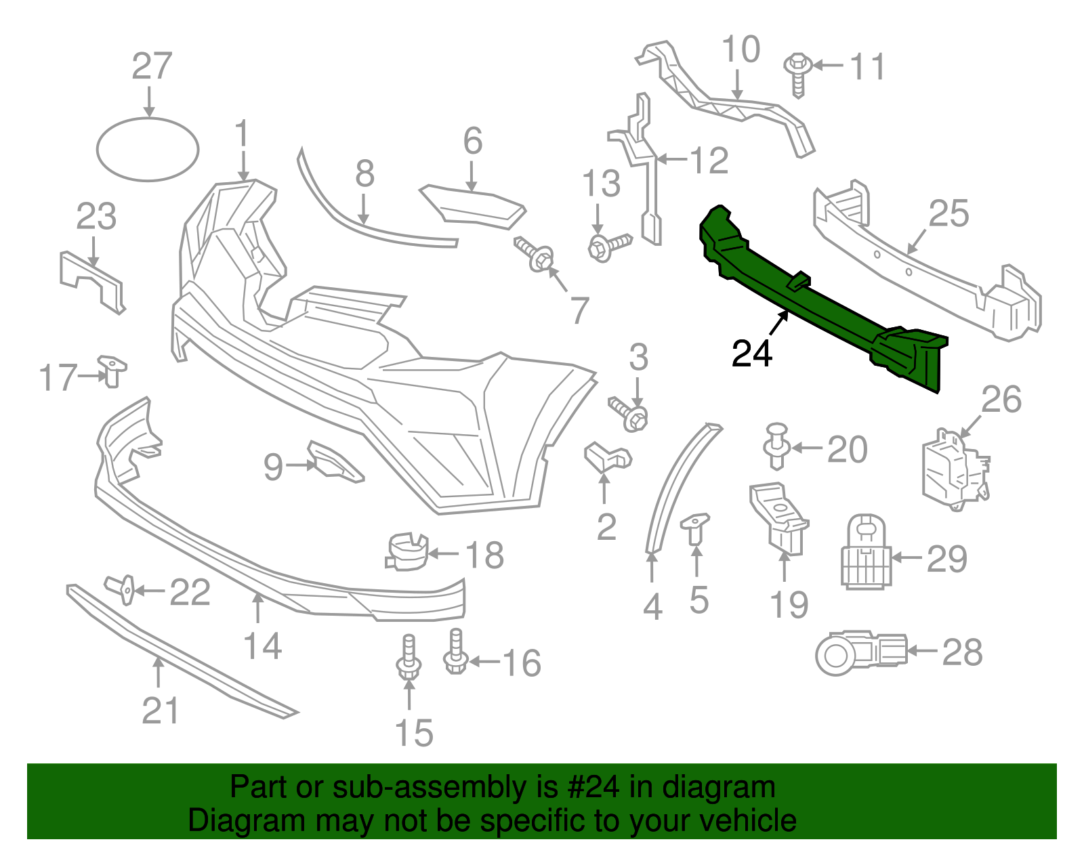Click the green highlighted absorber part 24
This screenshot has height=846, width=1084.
pyautogui.click(x=813, y=298)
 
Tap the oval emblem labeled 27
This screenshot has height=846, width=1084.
pyautogui.click(x=148, y=150)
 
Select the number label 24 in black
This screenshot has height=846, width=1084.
pyautogui.click(x=752, y=354)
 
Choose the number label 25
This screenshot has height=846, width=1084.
pyautogui.click(x=948, y=214)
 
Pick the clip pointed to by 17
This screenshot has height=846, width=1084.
pyautogui.click(x=112, y=371)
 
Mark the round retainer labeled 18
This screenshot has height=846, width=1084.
pyautogui.click(x=407, y=551)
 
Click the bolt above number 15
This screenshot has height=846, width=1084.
pyautogui.click(x=409, y=657)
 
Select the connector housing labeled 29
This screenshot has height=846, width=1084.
pyautogui.click(x=865, y=551)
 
